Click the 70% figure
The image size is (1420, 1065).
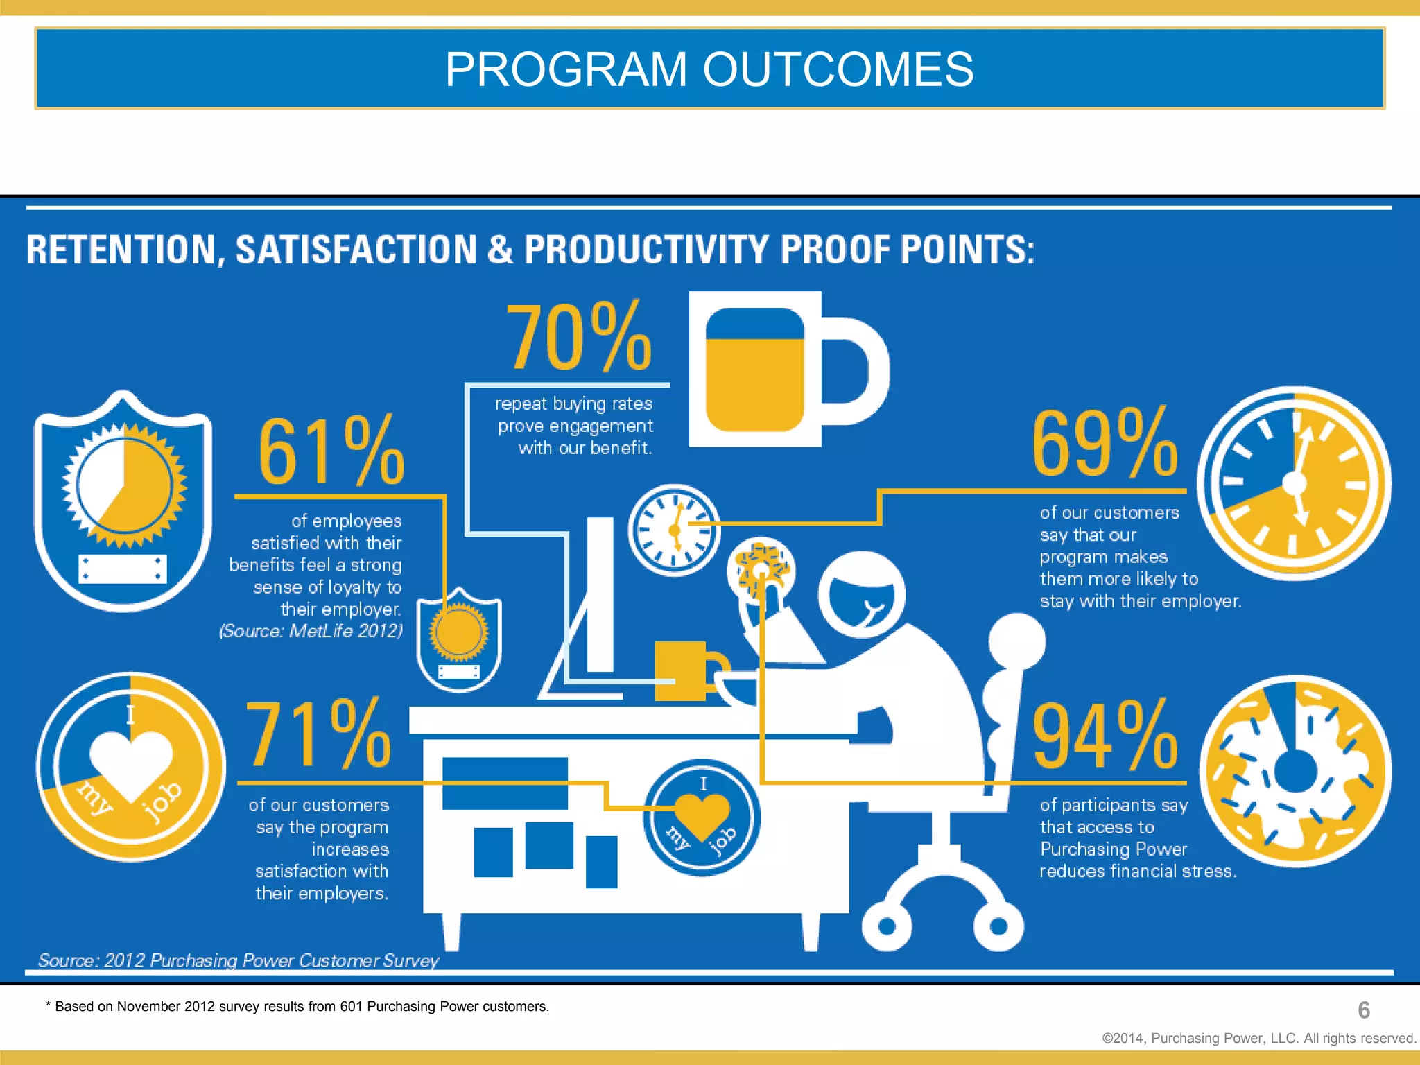(x=579, y=338)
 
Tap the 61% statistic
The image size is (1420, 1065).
(x=331, y=452)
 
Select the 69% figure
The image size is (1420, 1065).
(x=1105, y=444)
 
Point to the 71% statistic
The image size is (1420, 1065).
(x=318, y=735)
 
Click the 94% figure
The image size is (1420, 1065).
(x=1105, y=736)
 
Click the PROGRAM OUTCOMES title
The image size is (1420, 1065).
(x=709, y=69)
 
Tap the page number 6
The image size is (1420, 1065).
(x=1363, y=1010)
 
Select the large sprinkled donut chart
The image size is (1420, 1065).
(x=1295, y=770)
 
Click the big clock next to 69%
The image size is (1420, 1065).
(x=1294, y=483)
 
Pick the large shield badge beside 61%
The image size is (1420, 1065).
(x=123, y=501)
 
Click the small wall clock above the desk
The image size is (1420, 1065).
(x=674, y=530)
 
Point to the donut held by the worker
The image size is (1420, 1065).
(x=761, y=570)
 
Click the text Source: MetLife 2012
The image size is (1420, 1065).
(x=311, y=631)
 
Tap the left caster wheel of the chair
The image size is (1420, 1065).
(x=887, y=926)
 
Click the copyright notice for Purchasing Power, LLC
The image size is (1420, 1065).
(x=1258, y=1038)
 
